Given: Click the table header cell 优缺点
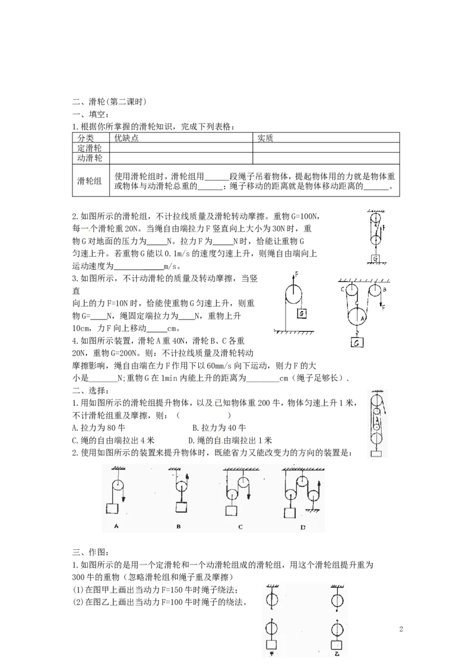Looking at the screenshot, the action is point(126,138).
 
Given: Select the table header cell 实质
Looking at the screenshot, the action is point(265,138).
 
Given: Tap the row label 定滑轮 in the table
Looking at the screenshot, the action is point(90,148).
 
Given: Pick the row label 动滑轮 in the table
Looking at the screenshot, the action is point(90,158).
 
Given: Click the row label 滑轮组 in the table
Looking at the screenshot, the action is point(90,181).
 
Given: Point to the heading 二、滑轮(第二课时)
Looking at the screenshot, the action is point(109,102).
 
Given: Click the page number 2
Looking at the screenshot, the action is point(401,629).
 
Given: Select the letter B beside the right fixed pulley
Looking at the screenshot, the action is point(385,290).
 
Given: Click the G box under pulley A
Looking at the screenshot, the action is point(357,342).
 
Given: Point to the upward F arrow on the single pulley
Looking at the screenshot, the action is point(294,283).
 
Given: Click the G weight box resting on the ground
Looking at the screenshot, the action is point(375,259).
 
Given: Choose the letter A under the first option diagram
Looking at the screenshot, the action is point(116,526).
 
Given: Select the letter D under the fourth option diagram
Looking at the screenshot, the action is point(303,527).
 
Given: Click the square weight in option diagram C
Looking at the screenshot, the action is point(230,511).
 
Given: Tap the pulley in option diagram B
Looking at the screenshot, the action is point(181,488).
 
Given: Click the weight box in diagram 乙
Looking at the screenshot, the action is point(337,645).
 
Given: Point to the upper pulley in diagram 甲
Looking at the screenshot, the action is point(272,599).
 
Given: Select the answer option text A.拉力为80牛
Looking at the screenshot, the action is point(99,427).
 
